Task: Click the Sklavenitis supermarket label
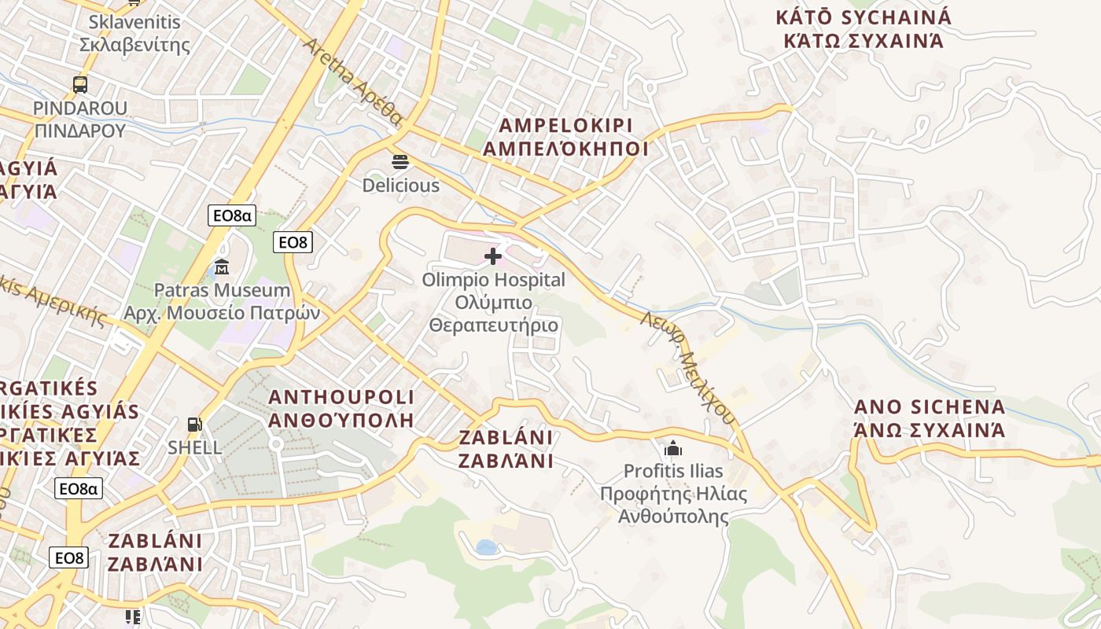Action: [x=134, y=33]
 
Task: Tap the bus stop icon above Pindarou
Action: [x=79, y=85]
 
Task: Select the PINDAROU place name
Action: [x=79, y=119]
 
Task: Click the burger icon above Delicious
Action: [x=400, y=163]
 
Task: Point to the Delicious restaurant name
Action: [x=400, y=186]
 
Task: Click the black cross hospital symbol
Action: [x=493, y=256]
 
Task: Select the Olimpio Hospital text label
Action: [x=493, y=302]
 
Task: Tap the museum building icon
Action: [x=221, y=267]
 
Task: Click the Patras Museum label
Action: [x=222, y=301]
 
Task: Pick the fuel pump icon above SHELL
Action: [x=194, y=425]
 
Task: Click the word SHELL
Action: [x=194, y=447]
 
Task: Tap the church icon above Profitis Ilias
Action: [x=673, y=449]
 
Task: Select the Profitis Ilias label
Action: [x=673, y=494]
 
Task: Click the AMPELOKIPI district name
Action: [x=566, y=138]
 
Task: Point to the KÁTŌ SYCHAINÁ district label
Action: [x=863, y=29]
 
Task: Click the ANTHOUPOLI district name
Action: [x=341, y=407]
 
